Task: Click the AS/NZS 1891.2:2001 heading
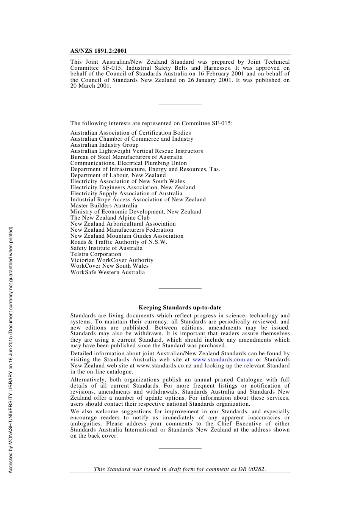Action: (x=99, y=51)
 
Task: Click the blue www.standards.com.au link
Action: (x=222, y=359)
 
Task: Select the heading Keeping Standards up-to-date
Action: (x=180, y=308)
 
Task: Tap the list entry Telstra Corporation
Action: (x=96, y=254)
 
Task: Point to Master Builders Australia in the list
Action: (x=104, y=206)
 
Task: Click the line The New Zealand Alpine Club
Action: (x=110, y=218)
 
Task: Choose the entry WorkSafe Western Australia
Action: (x=108, y=272)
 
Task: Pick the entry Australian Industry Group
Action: (x=105, y=145)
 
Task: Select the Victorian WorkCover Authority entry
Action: (x=112, y=260)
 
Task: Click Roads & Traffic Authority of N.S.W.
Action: (x=119, y=242)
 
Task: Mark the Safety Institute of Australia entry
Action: (x=106, y=248)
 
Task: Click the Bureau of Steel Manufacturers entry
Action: (x=126, y=157)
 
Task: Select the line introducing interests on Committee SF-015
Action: (x=152, y=123)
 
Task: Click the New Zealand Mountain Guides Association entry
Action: (x=127, y=236)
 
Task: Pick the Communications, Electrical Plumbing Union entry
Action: (x=128, y=163)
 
